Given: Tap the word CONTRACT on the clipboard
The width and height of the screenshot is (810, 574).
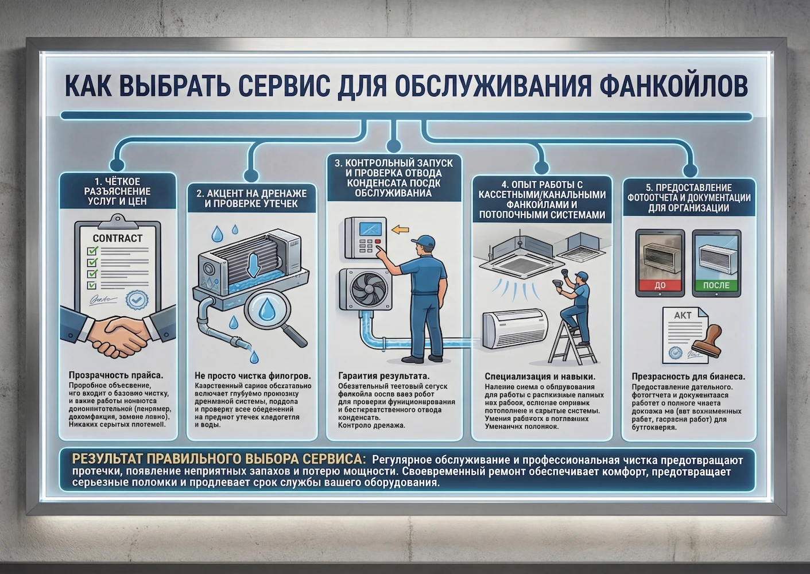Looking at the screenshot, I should [x=118, y=238].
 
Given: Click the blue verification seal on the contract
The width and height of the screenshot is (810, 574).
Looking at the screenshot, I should [x=137, y=299].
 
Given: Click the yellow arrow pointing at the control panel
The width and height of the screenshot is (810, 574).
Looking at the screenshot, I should [x=400, y=230].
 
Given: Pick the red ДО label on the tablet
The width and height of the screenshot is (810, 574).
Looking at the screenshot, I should [x=660, y=285].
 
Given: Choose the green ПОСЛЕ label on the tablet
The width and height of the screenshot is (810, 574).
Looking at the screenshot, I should [x=716, y=285].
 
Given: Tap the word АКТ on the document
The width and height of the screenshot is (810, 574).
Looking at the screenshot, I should [x=683, y=315].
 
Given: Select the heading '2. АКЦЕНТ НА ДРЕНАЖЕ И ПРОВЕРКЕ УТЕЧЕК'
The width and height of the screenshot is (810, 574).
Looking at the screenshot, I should [x=251, y=199].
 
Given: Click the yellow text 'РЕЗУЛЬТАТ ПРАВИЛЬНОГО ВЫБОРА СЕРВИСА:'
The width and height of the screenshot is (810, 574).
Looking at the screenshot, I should [x=218, y=459].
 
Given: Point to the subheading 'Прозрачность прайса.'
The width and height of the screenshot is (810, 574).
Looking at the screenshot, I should [x=115, y=375].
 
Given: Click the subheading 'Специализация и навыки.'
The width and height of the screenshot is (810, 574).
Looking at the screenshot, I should [x=540, y=377].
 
